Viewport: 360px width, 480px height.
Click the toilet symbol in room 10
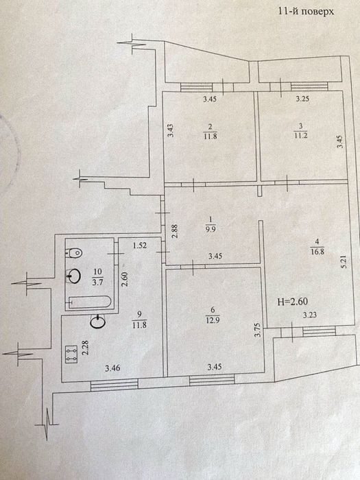(74, 253)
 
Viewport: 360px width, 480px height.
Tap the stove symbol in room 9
(71, 355)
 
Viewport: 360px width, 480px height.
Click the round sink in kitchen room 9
(97, 322)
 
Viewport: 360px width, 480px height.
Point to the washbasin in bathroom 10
(74, 276)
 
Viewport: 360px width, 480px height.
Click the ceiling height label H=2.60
(292, 302)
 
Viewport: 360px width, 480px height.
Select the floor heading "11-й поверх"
(306, 12)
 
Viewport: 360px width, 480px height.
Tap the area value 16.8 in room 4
(317, 252)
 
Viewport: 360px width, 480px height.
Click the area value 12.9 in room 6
(213, 320)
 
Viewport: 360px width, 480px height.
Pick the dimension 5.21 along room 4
(344, 262)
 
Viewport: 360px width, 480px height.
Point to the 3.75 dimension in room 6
(257, 330)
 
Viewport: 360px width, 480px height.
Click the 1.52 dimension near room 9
(140, 245)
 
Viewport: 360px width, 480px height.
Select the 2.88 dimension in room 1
(174, 232)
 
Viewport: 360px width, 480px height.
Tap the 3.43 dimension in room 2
(171, 130)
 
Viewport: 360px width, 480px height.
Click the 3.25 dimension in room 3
(302, 99)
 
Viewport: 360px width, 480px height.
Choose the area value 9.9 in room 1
(211, 228)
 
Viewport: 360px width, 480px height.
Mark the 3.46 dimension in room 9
(112, 368)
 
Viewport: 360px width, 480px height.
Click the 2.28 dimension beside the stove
(86, 348)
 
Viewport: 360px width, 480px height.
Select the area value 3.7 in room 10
(97, 282)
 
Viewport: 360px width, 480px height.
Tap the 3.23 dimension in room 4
(309, 315)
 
